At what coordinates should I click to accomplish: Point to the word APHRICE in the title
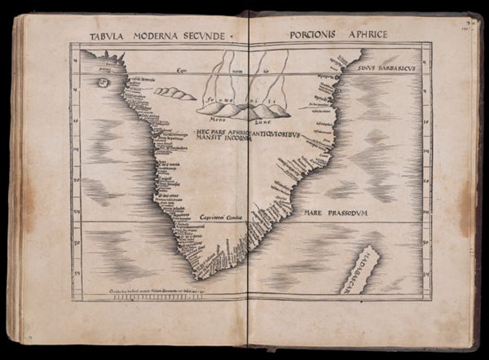click(x=367, y=34)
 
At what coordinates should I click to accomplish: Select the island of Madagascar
click(x=359, y=270)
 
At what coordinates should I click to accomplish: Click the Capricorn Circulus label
click(x=220, y=217)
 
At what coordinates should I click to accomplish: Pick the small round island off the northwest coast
click(x=104, y=82)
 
